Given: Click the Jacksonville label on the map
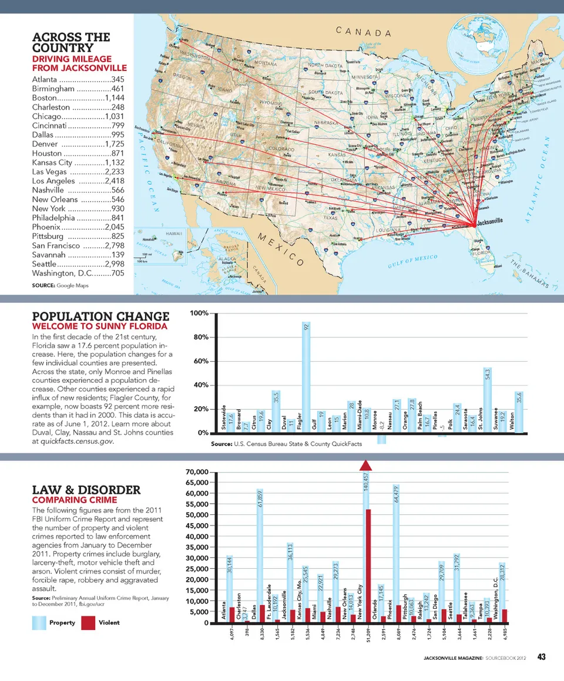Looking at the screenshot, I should (490, 221).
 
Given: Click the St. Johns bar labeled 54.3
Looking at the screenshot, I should (487, 399).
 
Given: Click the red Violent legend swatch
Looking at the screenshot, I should (88, 622).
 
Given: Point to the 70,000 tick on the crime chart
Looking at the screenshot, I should (195, 472).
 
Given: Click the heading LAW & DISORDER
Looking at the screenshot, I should (86, 490).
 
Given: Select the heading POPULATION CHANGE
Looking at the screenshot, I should (100, 316).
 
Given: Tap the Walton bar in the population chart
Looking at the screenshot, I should (518, 412).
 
